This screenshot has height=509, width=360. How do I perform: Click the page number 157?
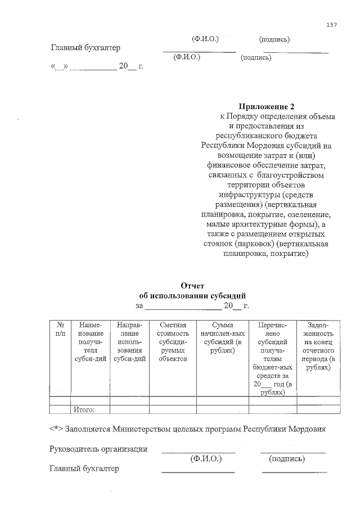pos(331,25)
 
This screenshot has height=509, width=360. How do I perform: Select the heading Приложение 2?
pos(267,107)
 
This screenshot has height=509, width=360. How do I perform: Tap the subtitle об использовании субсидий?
pos(192,296)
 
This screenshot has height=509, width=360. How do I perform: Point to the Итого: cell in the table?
pos(83,409)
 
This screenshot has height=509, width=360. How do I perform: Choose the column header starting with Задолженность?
pos(319,345)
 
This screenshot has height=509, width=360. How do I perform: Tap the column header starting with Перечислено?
pos(273,358)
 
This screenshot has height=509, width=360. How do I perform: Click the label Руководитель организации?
pos(98,449)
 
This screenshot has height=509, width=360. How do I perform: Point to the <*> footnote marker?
pos(56,429)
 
